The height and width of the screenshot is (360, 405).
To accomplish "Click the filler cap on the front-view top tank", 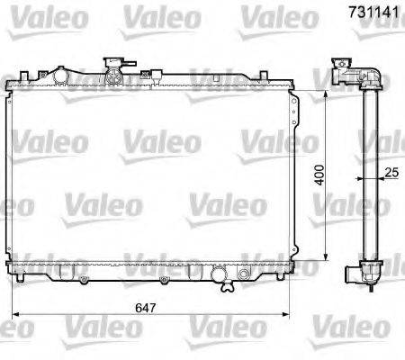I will pyautogui.click(x=114, y=65).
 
